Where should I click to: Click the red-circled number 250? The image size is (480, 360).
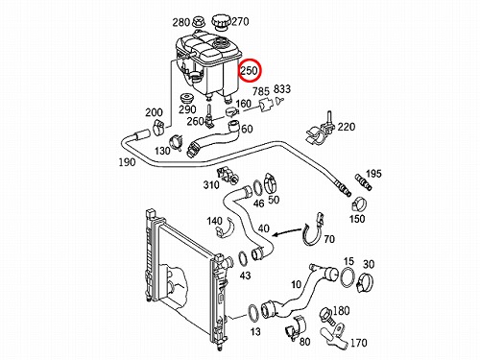click(x=250, y=70)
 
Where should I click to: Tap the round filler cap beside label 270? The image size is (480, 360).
click(x=221, y=22)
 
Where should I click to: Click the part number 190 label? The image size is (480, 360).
click(x=127, y=162)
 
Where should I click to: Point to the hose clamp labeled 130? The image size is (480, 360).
click(x=177, y=142)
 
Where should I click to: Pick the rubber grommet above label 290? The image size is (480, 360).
click(x=186, y=98)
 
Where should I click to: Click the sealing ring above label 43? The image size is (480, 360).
click(x=244, y=259)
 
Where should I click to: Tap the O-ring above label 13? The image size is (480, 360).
click(x=253, y=314)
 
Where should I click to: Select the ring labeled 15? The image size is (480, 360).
click(x=348, y=276)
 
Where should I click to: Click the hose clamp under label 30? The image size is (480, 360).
click(x=365, y=282)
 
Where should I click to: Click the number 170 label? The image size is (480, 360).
click(x=358, y=343)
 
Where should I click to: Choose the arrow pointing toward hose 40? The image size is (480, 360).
click(x=288, y=232)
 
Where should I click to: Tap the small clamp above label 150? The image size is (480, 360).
click(x=359, y=204)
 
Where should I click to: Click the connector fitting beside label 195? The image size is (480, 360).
click(x=363, y=182)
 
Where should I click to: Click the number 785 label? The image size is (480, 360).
click(x=261, y=91)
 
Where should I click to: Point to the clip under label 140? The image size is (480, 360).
click(x=225, y=228)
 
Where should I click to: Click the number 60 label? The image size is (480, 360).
click(x=247, y=129)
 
